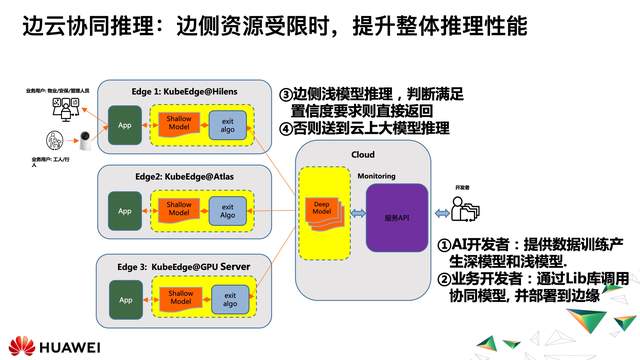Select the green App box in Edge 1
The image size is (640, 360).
(x=125, y=126)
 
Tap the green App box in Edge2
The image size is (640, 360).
(x=125, y=211)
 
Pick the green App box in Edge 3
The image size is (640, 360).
(x=125, y=299)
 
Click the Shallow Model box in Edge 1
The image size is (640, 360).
(x=180, y=126)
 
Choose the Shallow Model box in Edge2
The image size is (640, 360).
(x=180, y=211)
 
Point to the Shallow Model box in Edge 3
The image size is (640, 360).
(x=180, y=299)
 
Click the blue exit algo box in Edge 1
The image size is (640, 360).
(x=228, y=126)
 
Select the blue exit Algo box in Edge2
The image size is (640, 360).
(x=228, y=211)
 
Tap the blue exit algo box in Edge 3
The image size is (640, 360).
(x=228, y=299)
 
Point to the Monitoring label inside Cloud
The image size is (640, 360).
(x=376, y=177)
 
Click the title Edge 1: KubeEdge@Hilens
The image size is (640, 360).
(x=169, y=90)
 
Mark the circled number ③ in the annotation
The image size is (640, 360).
(x=286, y=94)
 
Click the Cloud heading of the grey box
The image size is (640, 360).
(x=363, y=154)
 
